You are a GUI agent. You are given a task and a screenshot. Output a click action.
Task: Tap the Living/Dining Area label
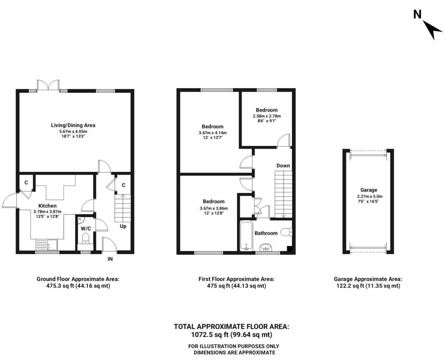pos(73,125)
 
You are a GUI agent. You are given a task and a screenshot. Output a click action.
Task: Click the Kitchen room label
pos(47,206)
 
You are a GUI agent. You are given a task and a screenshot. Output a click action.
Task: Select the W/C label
pos(86,228)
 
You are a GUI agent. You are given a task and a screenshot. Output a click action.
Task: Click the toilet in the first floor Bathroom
pos(286,232)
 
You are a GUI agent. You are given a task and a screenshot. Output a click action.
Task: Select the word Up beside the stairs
pos(123,226)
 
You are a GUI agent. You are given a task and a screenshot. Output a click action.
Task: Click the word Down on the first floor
pos(283,166)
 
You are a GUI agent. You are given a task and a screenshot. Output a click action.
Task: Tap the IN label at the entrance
pos(110,259)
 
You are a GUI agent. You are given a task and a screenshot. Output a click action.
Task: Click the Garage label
pos(369,190)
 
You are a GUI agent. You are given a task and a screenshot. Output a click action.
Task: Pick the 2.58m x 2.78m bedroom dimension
pos(267,116)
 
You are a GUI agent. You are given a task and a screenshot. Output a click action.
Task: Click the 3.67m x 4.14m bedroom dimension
pos(213,133)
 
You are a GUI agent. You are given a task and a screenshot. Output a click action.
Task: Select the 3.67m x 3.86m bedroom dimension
pos(214,208)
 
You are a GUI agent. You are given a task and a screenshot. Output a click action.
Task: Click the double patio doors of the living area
pos(48,85)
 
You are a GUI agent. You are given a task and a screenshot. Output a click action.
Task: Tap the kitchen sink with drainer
pos(46,245)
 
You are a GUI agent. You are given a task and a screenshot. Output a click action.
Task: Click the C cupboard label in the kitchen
pos(26,183)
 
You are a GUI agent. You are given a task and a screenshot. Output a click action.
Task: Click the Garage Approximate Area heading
pos(368,279)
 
